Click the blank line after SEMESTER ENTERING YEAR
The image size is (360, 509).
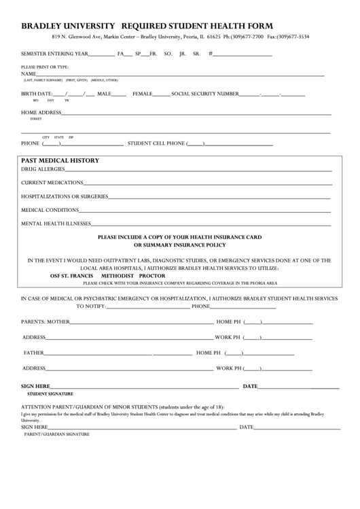[101, 54]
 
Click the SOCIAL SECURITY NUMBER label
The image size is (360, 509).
[205, 94]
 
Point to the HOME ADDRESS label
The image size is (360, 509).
[41, 112]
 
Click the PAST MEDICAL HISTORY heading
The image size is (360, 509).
[60, 161]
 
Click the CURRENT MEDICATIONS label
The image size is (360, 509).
[52, 182]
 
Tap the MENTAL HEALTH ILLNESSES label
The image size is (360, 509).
[56, 223]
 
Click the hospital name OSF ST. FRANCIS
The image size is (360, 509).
[73, 277]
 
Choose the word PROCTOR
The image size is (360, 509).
[152, 277]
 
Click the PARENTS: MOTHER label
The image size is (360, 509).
[46, 321]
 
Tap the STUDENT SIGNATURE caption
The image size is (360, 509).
[50, 393]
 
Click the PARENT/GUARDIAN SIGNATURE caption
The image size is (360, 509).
[57, 433]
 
